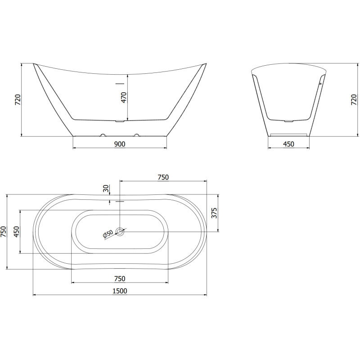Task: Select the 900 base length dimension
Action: coord(119,144)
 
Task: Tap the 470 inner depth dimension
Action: coord(124,98)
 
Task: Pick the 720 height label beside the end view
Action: coord(353,100)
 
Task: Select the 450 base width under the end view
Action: coord(288,144)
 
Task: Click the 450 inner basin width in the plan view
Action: coord(16,232)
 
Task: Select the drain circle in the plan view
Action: coord(120,232)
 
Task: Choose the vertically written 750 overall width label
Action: coord(4,232)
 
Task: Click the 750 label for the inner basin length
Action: coord(119,278)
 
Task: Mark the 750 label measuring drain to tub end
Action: coord(163,177)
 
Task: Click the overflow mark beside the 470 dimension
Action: coord(119,83)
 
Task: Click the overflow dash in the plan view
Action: coord(119,201)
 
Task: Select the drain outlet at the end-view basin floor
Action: coord(288,121)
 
